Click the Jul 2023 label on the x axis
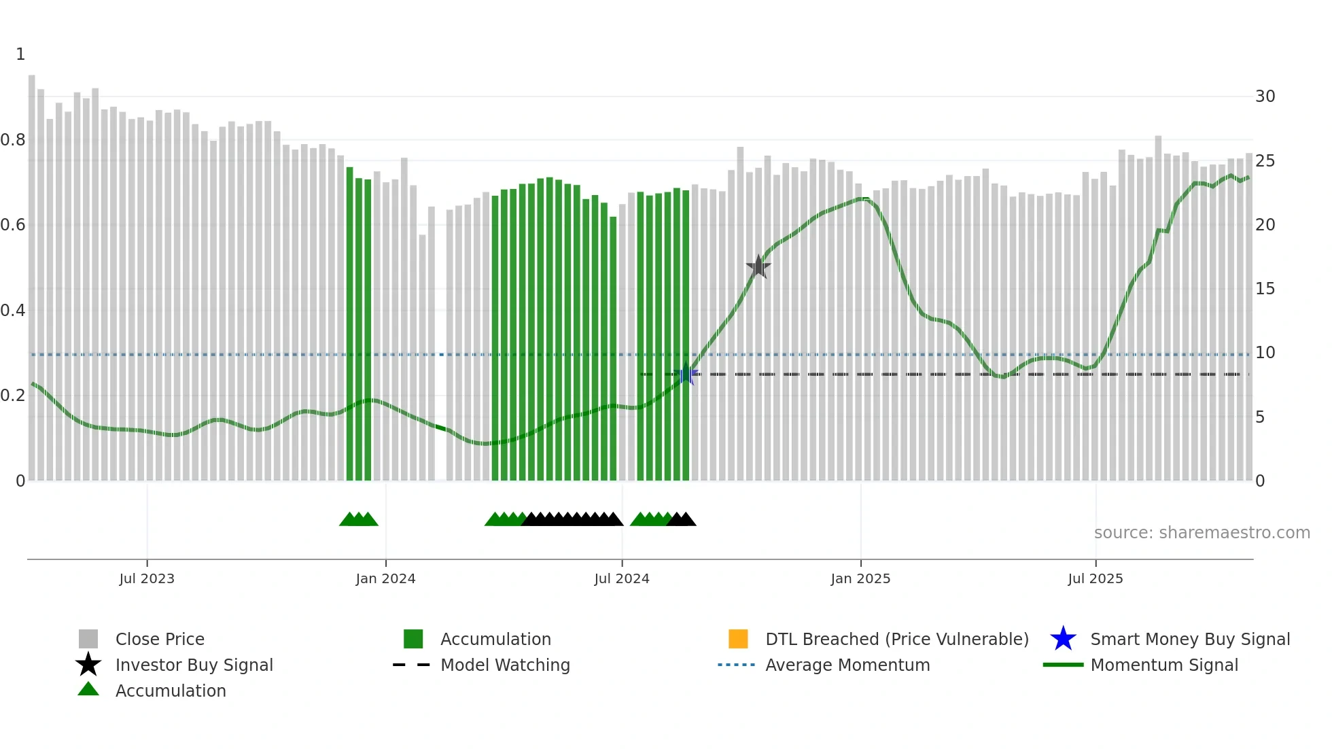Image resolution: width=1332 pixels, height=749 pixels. click(x=147, y=578)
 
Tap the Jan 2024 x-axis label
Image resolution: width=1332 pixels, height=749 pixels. click(x=385, y=578)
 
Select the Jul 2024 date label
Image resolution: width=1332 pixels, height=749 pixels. click(x=622, y=578)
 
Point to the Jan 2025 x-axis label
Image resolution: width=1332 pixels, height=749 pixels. click(x=860, y=578)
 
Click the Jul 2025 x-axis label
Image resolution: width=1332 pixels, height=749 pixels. click(x=1096, y=578)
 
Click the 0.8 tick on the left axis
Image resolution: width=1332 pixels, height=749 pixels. click(x=13, y=140)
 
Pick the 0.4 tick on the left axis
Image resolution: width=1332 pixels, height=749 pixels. click(x=13, y=311)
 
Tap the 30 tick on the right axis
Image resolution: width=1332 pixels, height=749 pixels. click(x=1265, y=97)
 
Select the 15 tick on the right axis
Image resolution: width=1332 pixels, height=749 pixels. click(x=1265, y=289)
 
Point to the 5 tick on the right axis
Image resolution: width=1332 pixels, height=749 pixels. click(x=1260, y=417)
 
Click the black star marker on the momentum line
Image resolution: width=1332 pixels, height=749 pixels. click(x=758, y=266)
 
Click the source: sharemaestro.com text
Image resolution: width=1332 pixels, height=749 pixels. click(x=1202, y=533)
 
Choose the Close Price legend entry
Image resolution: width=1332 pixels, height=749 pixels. click(x=160, y=639)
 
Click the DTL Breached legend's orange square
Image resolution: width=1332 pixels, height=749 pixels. click(x=738, y=639)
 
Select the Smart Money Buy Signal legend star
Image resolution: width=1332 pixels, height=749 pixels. click(x=1063, y=639)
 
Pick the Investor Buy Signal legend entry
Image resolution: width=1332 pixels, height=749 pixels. click(x=194, y=665)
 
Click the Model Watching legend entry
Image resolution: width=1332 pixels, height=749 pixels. click(x=505, y=665)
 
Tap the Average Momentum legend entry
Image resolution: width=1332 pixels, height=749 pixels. click(x=847, y=665)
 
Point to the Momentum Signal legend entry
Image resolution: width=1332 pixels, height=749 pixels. click(x=1164, y=665)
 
